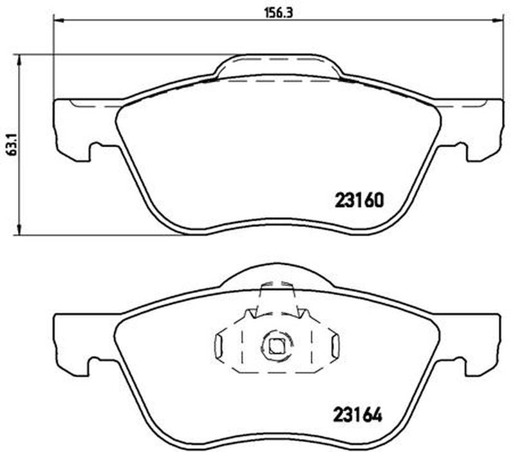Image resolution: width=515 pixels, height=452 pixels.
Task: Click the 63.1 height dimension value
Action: (x=12, y=144)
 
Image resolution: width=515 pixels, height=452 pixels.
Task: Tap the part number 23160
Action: (x=359, y=200)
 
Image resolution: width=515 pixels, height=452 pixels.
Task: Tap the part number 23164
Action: (x=358, y=415)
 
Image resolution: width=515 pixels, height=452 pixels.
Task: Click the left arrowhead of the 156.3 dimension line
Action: (x=58, y=21)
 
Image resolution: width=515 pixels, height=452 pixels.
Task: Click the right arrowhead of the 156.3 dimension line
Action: (x=498, y=21)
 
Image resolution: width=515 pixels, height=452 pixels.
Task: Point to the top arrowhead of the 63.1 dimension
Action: (x=19, y=60)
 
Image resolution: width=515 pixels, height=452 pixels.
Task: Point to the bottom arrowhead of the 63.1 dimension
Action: (x=19, y=230)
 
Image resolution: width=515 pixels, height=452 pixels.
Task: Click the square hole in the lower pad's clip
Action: (x=276, y=347)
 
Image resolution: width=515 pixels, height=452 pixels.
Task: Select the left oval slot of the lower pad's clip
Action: (x=218, y=347)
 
